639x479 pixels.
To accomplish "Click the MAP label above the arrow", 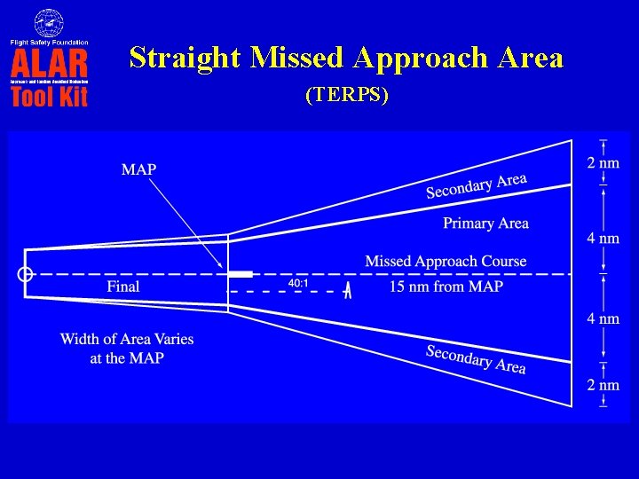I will (x=138, y=169).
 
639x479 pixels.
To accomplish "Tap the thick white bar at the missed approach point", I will (x=240, y=274).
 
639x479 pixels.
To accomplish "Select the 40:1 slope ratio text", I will (x=298, y=284).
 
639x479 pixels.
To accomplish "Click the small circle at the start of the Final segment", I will (x=26, y=274).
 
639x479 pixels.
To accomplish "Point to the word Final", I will (x=123, y=287).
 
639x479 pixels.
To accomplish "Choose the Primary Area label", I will (x=485, y=224).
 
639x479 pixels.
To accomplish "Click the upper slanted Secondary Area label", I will (x=477, y=186).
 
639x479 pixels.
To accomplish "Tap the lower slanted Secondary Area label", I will (x=476, y=358).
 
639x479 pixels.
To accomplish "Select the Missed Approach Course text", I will (x=446, y=261).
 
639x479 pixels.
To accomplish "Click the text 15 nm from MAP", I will (x=446, y=287).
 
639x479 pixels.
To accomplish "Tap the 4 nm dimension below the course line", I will (x=603, y=318).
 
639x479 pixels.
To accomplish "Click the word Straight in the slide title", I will (x=185, y=59).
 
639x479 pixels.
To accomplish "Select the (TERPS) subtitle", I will (x=346, y=96).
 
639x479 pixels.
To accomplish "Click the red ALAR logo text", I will (x=49, y=64).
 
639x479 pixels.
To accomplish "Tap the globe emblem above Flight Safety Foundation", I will (x=49, y=22).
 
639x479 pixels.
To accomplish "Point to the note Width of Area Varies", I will (x=126, y=339).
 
